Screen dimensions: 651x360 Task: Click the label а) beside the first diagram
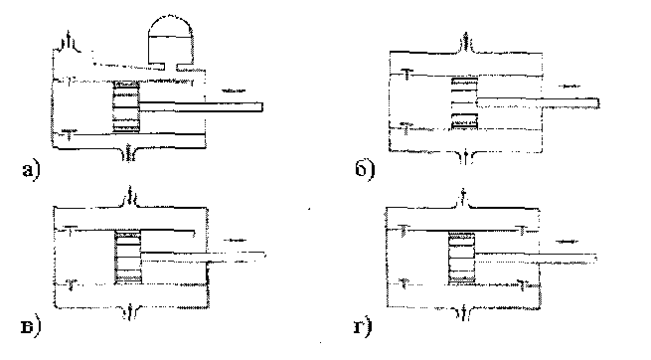coord(31,170)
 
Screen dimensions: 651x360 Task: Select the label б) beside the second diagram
coord(365,169)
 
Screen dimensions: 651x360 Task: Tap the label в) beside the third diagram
coord(31,327)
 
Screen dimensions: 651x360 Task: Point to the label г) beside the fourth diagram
coord(363,327)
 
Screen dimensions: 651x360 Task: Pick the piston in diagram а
coord(126,106)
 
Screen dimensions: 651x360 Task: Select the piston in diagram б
coord(464,103)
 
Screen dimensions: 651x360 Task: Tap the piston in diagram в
coord(128,258)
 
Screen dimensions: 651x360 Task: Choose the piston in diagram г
coord(462,258)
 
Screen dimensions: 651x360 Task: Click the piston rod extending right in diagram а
coord(201,106)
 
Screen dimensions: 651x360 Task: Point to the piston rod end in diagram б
coord(597,103)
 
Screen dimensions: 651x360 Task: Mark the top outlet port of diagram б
coord(466,42)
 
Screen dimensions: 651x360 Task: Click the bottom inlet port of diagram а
coord(130,153)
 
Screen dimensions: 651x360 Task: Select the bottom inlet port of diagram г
coord(463,312)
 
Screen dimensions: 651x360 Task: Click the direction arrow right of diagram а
coord(234,90)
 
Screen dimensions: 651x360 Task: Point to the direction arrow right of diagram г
coord(567,242)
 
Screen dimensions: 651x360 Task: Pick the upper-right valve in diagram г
coord(522,230)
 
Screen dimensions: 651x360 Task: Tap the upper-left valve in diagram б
coord(407,74)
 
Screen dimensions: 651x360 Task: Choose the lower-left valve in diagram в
coord(72,283)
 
